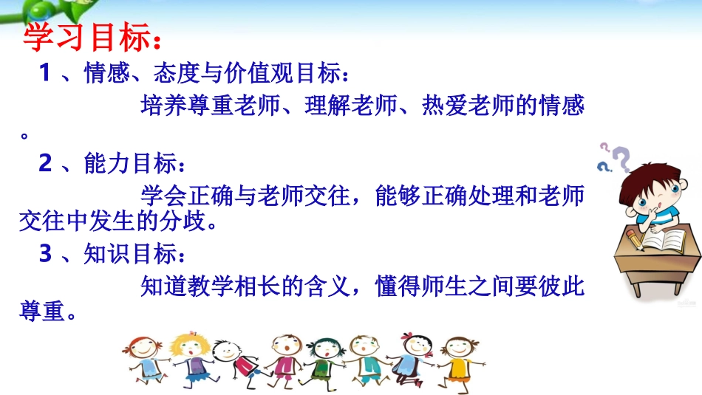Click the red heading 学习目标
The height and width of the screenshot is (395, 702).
click(90, 38)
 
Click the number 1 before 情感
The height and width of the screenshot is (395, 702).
click(44, 73)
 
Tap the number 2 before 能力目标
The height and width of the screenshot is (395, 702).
click(45, 163)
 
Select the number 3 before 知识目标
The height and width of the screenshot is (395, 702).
click(45, 253)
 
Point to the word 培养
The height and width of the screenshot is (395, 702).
click(160, 106)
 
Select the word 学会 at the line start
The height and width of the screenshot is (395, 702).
click(160, 196)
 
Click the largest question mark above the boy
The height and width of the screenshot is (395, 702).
click(621, 159)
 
